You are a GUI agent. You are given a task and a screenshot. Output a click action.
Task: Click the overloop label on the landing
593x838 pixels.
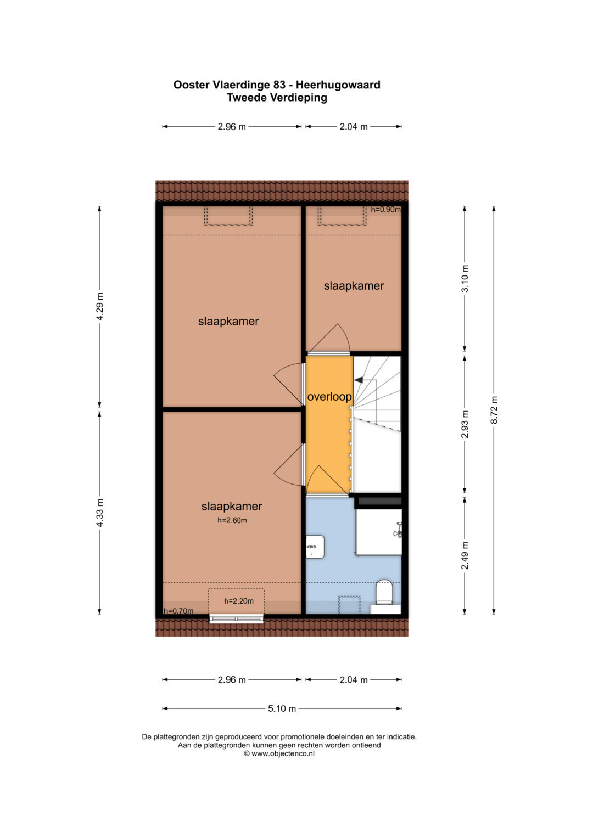(x=329, y=397)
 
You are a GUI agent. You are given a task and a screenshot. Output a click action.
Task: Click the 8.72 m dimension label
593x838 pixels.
(x=494, y=409)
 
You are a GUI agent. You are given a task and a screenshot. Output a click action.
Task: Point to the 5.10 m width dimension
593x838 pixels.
(x=282, y=708)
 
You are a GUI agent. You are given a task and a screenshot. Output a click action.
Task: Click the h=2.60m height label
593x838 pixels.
(x=232, y=520)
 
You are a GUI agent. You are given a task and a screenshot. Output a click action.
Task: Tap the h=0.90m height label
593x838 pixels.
(x=385, y=210)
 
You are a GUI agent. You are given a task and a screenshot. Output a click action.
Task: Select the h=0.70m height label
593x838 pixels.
(x=178, y=611)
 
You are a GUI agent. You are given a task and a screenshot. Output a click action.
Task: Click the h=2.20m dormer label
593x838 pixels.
(x=239, y=601)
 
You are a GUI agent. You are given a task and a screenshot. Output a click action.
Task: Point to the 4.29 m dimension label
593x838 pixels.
(x=99, y=306)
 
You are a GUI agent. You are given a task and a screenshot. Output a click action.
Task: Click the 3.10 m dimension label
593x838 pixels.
(x=465, y=279)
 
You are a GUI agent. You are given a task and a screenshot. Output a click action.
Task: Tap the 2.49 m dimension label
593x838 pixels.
(x=465, y=555)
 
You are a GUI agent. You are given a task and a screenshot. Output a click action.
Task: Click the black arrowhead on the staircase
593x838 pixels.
(x=358, y=380)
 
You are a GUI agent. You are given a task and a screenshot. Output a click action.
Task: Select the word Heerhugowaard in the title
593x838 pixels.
(x=338, y=85)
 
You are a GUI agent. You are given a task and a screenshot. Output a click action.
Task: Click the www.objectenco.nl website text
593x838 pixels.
(x=283, y=754)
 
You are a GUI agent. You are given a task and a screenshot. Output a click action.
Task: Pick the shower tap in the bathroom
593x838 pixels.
(x=398, y=531)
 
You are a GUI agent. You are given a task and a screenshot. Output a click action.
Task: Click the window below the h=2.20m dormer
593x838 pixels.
(x=236, y=619)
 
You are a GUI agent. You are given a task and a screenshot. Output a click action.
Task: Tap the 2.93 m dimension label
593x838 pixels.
(x=465, y=424)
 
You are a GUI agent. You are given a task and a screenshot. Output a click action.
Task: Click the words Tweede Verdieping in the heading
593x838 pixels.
(x=277, y=98)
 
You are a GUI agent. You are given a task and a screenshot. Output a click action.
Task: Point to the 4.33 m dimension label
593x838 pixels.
(x=99, y=513)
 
